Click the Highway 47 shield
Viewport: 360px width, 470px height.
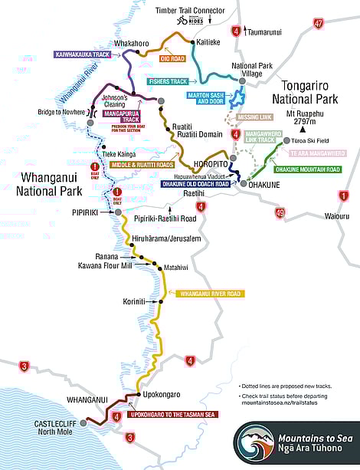point(318,25)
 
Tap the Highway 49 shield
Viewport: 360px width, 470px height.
point(281,212)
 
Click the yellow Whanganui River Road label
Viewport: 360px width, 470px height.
point(209,293)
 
